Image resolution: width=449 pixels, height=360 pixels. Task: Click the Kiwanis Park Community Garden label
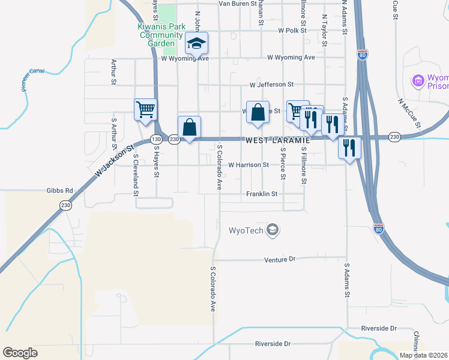160,35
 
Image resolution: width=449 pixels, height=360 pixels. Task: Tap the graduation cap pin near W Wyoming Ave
196,44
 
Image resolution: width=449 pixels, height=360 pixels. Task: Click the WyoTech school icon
273,230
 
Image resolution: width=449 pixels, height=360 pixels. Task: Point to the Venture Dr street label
280,259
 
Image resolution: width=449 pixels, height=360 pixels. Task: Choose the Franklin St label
262,194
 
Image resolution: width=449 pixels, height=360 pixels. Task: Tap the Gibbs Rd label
59,191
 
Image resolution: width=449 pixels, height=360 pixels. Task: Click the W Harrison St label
249,164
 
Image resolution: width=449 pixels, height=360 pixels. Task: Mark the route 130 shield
156,139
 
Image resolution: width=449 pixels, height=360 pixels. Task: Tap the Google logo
20,353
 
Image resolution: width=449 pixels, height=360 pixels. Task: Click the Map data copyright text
423,355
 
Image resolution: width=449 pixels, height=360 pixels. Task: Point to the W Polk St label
292,30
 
